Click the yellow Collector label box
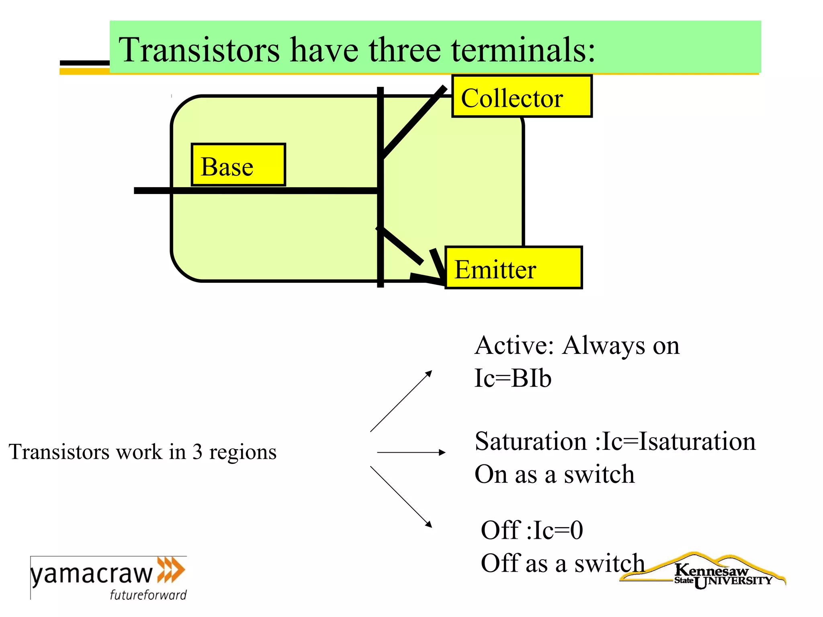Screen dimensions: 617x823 point(522,96)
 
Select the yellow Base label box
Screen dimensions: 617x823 point(238,165)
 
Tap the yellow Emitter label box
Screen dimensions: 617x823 point(513,268)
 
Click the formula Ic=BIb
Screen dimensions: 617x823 point(513,378)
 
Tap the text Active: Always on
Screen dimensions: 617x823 point(577,345)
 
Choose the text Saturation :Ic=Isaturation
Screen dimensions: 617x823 point(615,441)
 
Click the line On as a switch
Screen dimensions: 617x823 point(555,474)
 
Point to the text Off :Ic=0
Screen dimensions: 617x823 point(532,530)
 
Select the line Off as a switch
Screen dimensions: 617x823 point(563,563)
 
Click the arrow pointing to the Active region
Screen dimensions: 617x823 point(401,401)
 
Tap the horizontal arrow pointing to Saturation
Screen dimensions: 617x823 point(411,453)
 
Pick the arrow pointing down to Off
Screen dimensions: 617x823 point(401,496)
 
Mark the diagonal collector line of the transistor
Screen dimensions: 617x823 point(413,122)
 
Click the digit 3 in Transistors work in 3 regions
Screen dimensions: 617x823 point(197,452)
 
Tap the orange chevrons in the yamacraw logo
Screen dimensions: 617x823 point(171,570)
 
